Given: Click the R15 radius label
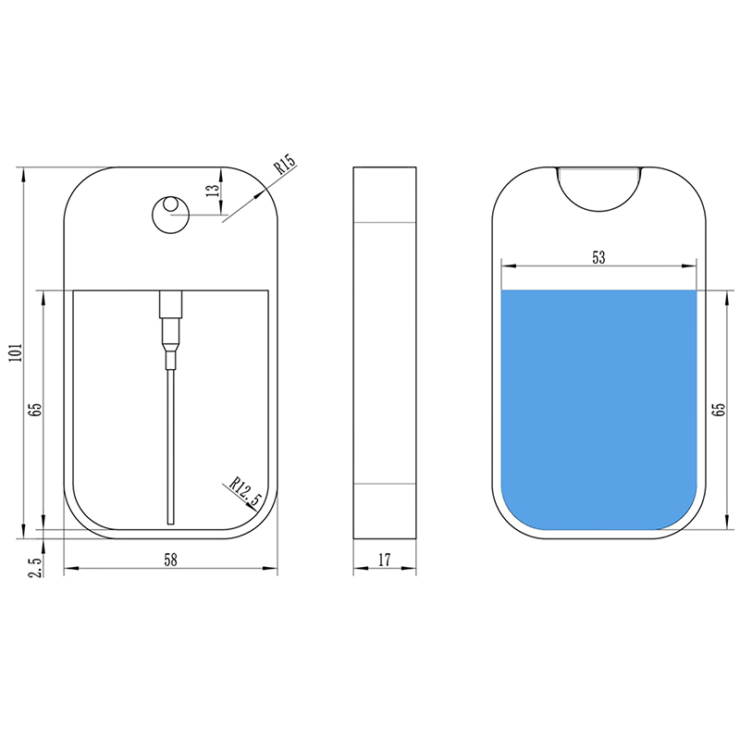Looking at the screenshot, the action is click(x=285, y=164).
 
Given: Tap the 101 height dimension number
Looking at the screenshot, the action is click(x=16, y=352).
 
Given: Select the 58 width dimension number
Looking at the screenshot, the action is click(x=170, y=561).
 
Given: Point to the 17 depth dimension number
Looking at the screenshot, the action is click(x=385, y=561).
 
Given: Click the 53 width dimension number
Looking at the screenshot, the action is click(x=598, y=258).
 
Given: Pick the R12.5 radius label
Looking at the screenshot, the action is click(x=245, y=491).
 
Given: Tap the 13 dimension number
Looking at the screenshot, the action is click(x=214, y=191).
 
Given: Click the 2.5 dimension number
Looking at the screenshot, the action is click(x=36, y=566).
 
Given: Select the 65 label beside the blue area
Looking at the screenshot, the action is click(x=719, y=409).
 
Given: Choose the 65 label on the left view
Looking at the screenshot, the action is click(x=35, y=409).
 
